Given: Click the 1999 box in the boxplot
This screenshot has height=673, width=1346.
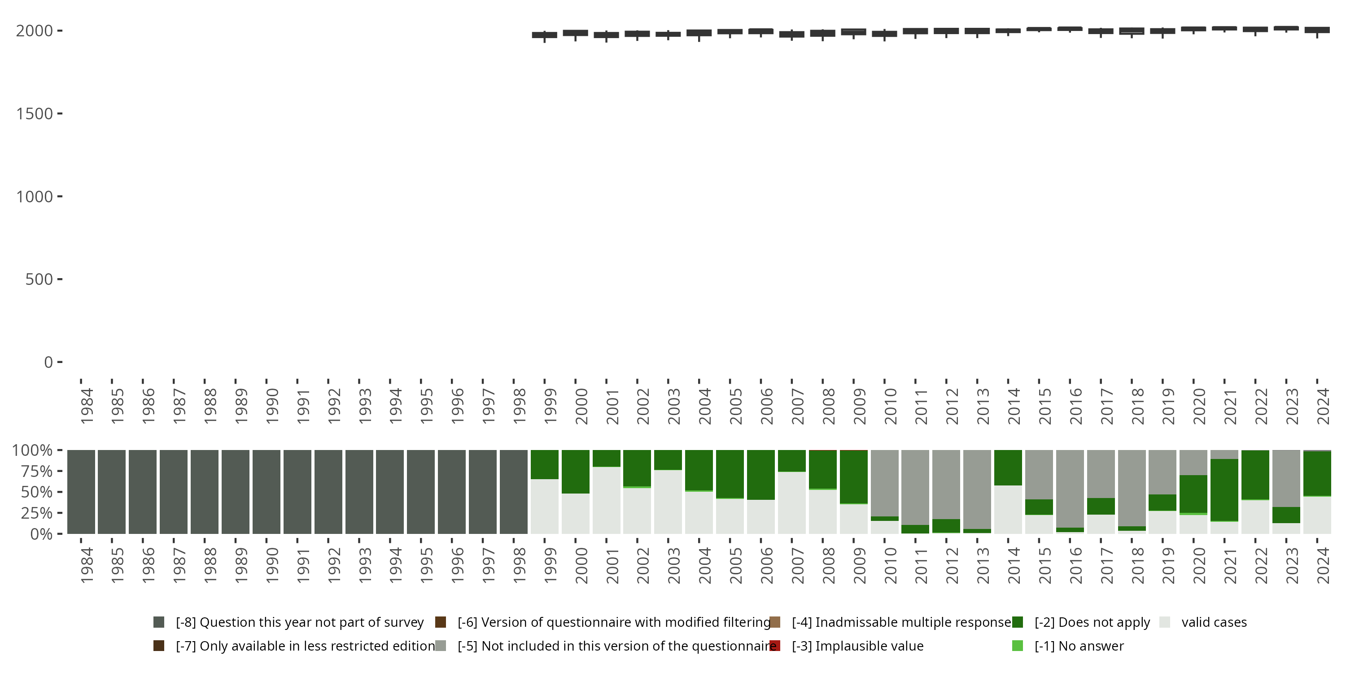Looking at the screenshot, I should coord(545,35).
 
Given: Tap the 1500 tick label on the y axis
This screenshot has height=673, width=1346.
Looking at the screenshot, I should coord(35,114).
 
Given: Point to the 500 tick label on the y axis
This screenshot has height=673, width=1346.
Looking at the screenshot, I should coord(39,280).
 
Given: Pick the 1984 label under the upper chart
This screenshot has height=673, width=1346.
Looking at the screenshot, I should coord(87,406).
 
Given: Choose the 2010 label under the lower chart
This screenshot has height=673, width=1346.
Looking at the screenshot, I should coord(890,565).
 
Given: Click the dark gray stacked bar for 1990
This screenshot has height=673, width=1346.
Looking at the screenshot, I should coord(267,492).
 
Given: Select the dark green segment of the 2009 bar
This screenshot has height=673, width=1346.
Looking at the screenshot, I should coord(854,476).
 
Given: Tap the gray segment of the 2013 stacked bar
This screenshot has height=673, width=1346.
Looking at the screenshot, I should coord(977,489).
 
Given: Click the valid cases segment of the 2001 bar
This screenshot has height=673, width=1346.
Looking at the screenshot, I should coord(607,500).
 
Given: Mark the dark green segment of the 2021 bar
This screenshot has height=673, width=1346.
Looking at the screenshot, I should coord(1224,489).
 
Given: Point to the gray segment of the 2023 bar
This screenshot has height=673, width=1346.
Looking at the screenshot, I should coord(1286,478).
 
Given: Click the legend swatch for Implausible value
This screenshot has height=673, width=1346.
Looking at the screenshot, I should coord(775,646).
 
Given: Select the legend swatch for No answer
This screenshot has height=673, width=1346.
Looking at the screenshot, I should coord(1017,646).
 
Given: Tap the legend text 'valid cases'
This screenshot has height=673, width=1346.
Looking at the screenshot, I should coord(1214,622).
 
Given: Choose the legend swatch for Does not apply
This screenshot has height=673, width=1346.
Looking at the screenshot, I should coord(1017,622).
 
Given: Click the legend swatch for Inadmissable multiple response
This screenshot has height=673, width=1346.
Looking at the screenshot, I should coord(775,622).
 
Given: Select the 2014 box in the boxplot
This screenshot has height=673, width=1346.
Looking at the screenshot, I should coord(1008,31).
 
